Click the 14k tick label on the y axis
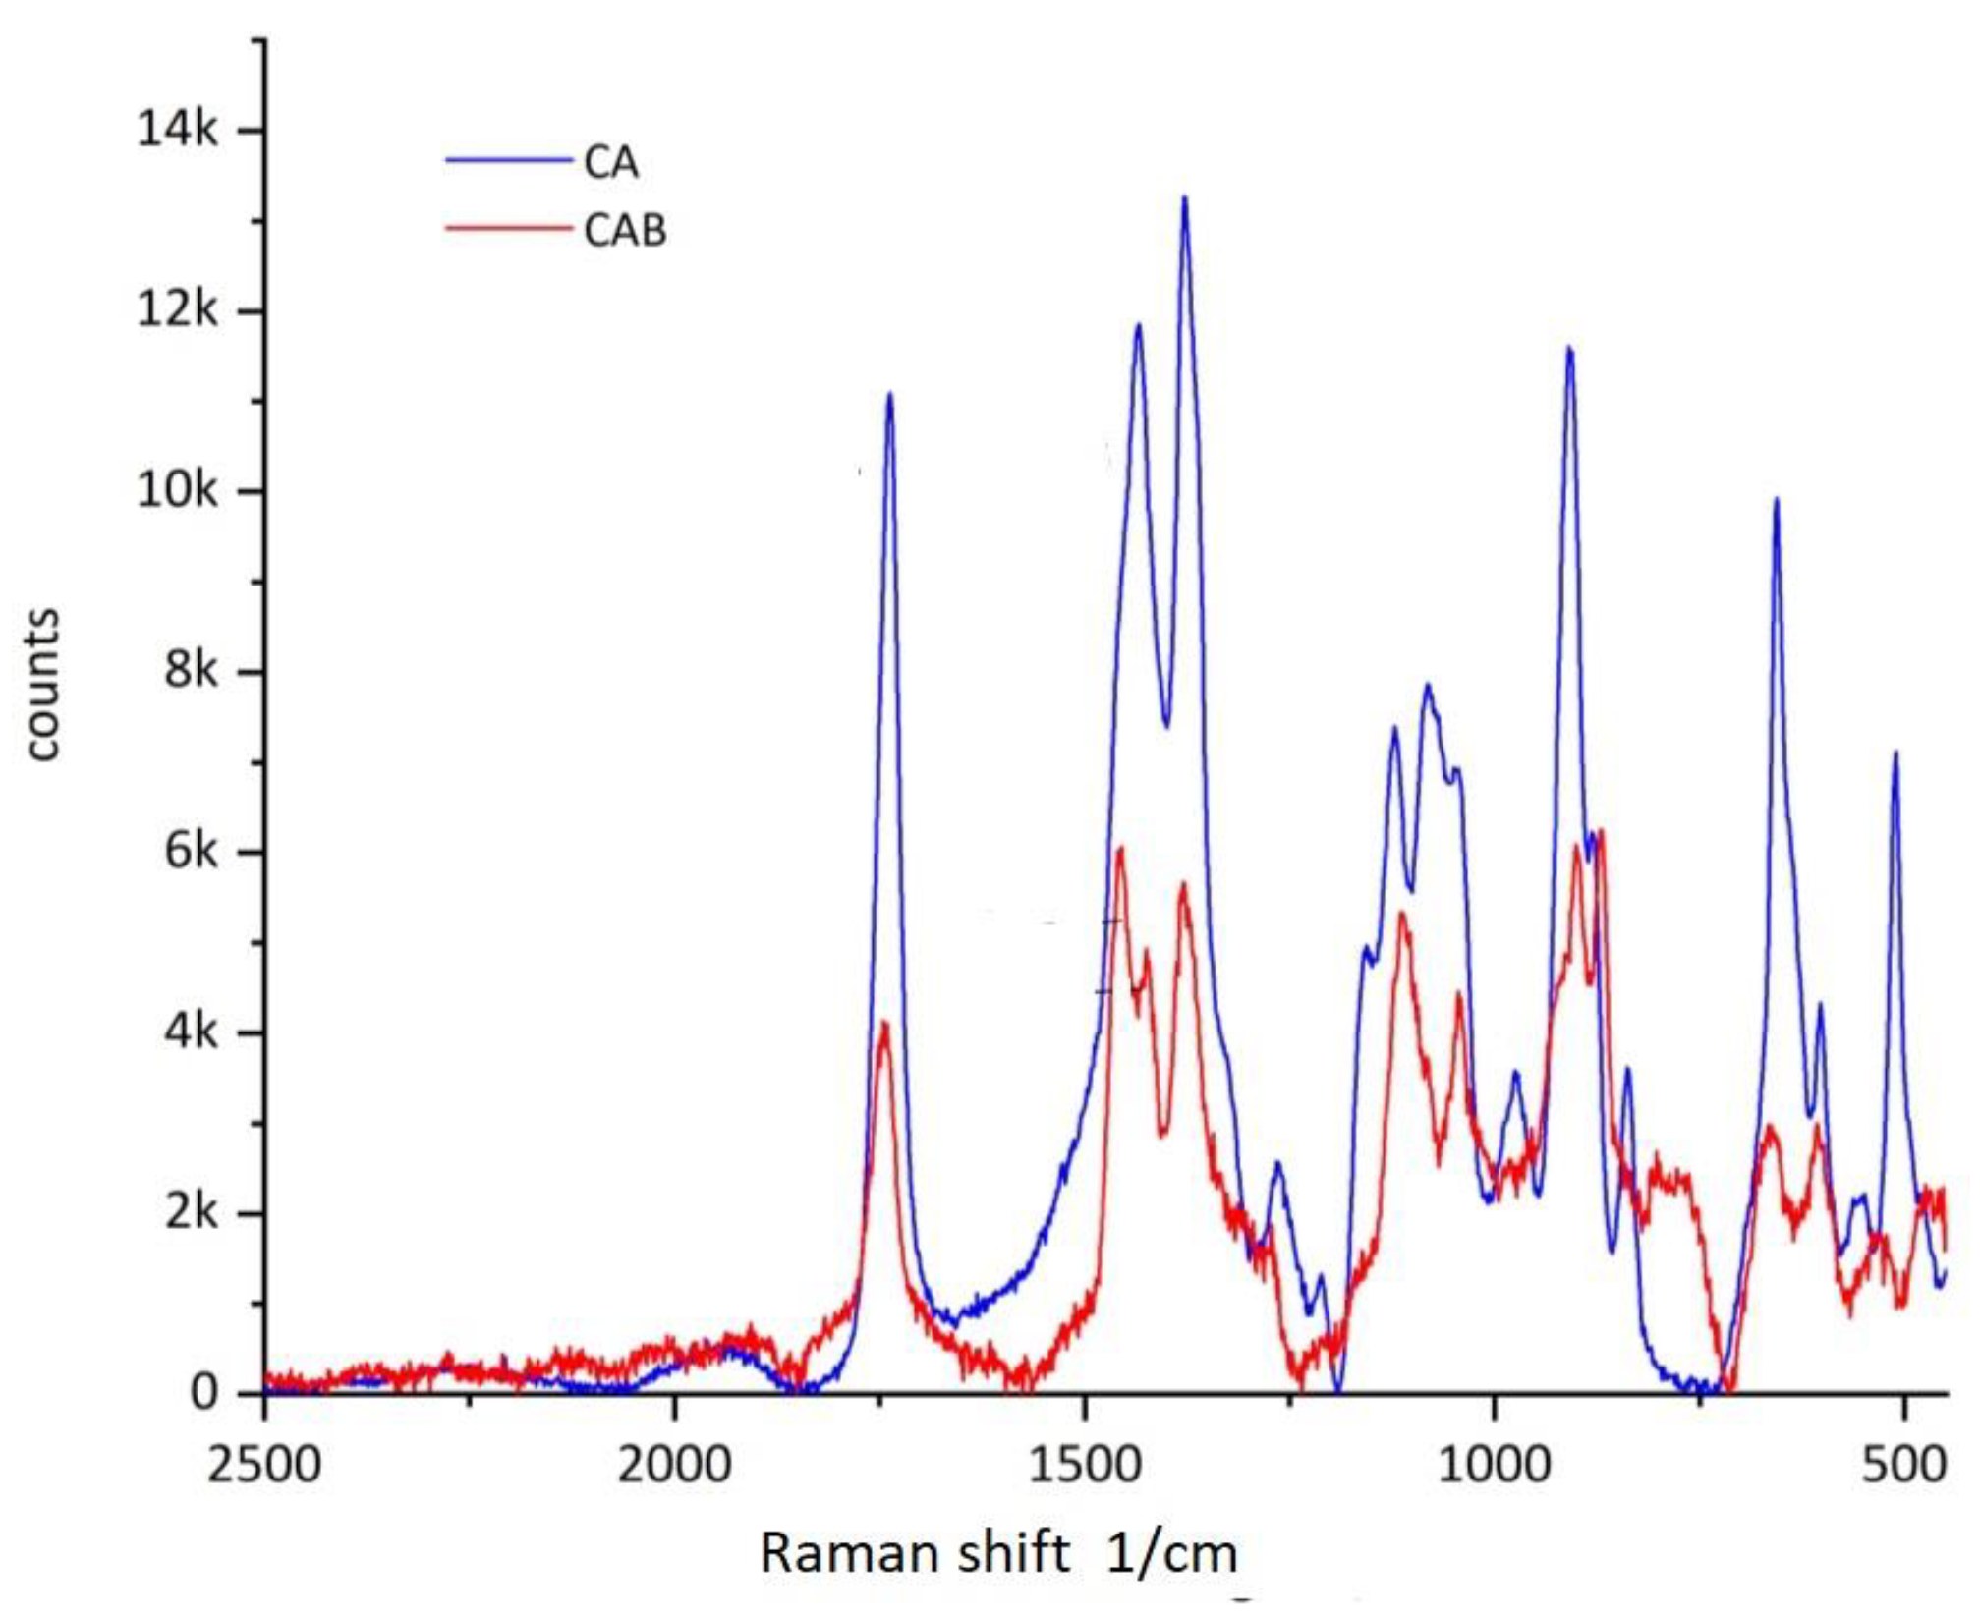click(x=178, y=129)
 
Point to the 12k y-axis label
click(x=178, y=310)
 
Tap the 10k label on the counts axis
click(x=178, y=490)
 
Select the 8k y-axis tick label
click(x=191, y=671)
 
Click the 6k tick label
click(x=191, y=852)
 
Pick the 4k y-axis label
click(x=191, y=1032)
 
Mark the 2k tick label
click(x=191, y=1213)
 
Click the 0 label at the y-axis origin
click(x=204, y=1393)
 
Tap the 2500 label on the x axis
click(x=263, y=1466)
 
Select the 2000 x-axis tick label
click(x=674, y=1466)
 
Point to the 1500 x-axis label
click(x=1085, y=1466)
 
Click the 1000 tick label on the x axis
click(x=1495, y=1466)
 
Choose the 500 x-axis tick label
click(x=1905, y=1466)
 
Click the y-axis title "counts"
click(x=42, y=685)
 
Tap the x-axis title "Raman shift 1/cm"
click(x=998, y=1553)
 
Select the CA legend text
click(x=611, y=162)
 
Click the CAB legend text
click(x=625, y=231)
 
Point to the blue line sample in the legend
click(x=508, y=160)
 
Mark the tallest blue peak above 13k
click(x=1185, y=198)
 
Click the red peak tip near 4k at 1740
click(x=885, y=1024)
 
